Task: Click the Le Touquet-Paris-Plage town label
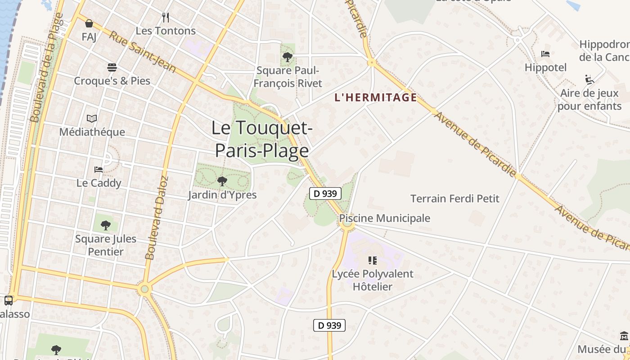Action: [261, 139]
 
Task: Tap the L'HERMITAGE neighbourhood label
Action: [375, 98]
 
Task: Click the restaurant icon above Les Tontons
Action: [166, 18]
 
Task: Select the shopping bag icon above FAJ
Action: [89, 23]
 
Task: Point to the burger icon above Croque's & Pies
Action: [112, 67]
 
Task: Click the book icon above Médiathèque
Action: [92, 118]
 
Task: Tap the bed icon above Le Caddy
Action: [99, 170]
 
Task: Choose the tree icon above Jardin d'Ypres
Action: [222, 181]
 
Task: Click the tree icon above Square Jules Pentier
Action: [106, 225]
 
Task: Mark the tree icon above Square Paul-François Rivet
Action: [288, 57]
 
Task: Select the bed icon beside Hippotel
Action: [545, 54]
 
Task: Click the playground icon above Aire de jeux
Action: [589, 80]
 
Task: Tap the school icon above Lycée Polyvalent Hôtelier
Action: [372, 260]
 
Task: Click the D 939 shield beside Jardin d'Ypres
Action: [325, 194]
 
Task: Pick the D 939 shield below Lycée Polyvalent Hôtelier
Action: [329, 325]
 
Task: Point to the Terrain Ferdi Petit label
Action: [455, 198]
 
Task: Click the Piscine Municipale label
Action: [385, 218]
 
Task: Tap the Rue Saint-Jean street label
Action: [142, 52]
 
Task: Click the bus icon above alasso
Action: [9, 300]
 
